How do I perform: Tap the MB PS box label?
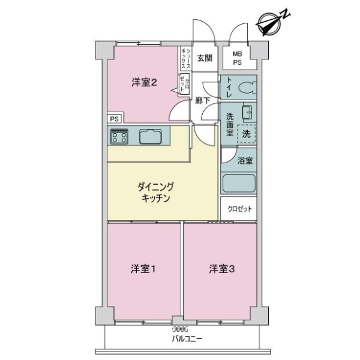click(238, 59)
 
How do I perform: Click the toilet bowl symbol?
click(246, 88)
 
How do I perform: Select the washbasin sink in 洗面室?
click(246, 112)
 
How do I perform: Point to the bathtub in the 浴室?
click(239, 182)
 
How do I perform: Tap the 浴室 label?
click(244, 160)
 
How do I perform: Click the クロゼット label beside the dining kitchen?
click(239, 209)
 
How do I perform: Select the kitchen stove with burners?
click(118, 137)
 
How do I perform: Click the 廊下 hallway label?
click(202, 101)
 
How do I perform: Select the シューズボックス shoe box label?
click(187, 58)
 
